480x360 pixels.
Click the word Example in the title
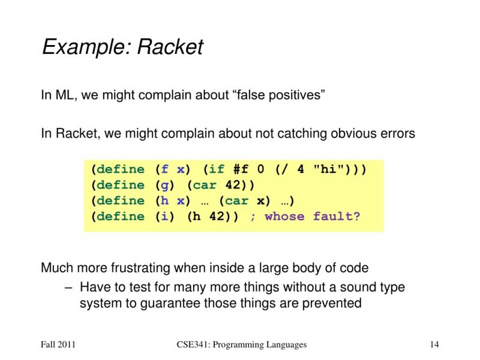tap(80, 47)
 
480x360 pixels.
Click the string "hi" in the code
tap(325, 169)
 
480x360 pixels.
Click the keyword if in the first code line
tap(217, 169)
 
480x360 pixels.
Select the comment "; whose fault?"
tap(305, 216)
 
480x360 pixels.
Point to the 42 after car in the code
tap(232, 185)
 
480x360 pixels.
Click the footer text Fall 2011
tap(58, 344)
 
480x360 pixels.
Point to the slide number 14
tap(435, 344)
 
